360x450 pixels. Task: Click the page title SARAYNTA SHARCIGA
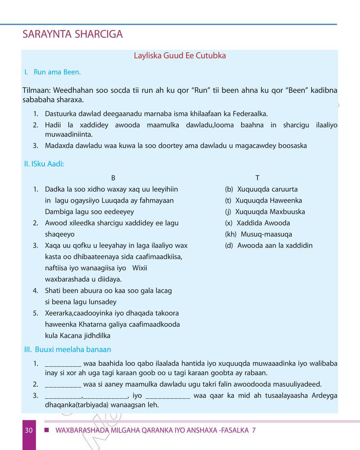coord(72,34)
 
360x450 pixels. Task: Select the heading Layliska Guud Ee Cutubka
coord(180,56)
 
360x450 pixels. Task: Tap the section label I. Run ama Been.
coord(52,72)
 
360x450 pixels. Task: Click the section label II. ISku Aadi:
coord(44,164)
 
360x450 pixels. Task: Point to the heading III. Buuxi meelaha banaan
coord(68,350)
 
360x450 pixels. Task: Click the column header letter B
coord(113,178)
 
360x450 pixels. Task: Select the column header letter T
coord(257,178)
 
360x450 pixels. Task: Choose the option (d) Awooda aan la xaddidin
coord(269,246)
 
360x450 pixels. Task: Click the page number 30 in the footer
coord(28,430)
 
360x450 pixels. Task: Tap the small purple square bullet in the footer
coord(46,430)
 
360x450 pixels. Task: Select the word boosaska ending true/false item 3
coord(293,146)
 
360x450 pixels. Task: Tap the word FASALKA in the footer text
coord(236,430)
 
